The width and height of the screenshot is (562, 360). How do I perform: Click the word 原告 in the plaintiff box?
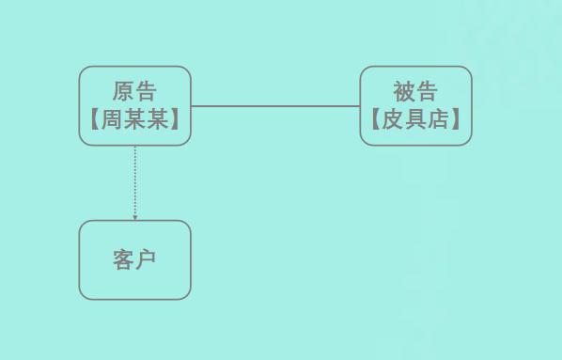tap(134, 91)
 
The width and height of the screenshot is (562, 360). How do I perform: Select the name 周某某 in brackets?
tap(134, 120)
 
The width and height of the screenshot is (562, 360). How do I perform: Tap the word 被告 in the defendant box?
tap(415, 91)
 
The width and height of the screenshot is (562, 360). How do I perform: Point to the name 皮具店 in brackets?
tap(415, 120)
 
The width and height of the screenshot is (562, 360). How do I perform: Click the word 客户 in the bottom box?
tap(134, 260)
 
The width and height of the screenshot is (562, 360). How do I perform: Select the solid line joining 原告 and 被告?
tap(275, 106)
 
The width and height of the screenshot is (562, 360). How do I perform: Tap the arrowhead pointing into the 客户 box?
tap(134, 217)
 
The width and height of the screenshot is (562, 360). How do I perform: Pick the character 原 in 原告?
tap(123, 91)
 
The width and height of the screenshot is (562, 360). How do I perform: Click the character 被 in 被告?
tap(404, 91)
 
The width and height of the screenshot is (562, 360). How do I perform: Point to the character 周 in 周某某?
tap(112, 120)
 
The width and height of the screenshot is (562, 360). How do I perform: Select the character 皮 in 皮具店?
tap(393, 120)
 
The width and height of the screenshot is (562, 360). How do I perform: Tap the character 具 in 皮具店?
tap(415, 120)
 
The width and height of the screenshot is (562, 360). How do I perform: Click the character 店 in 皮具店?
tap(438, 120)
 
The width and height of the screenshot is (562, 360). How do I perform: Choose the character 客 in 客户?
tap(123, 260)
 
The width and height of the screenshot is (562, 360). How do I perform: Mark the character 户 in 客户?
tap(146, 260)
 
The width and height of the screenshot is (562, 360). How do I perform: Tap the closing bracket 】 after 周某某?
tap(175, 120)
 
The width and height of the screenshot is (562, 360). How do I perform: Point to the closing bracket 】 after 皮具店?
tap(456, 120)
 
